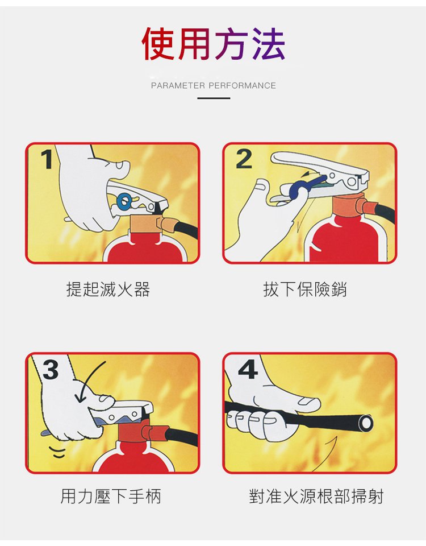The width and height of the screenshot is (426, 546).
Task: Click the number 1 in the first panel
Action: [47, 159]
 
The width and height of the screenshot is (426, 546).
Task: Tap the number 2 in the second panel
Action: [244, 159]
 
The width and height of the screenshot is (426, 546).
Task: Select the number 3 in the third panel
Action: [51, 370]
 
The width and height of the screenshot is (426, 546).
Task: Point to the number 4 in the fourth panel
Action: [248, 369]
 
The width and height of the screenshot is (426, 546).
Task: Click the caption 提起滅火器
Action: [108, 289]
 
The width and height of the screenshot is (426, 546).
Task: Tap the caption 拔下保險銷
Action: [305, 289]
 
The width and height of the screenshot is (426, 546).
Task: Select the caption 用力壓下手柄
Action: [111, 496]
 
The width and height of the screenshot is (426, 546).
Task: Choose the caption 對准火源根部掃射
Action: [316, 496]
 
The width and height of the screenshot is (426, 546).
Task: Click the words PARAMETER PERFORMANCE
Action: [213, 85]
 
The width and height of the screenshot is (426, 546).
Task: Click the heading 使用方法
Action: [214, 44]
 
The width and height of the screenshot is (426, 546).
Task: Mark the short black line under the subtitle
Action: [214, 98]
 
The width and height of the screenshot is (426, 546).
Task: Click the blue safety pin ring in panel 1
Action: [124, 201]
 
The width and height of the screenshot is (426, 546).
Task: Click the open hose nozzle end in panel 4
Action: [365, 423]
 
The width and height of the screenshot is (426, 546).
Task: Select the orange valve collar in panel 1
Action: [147, 223]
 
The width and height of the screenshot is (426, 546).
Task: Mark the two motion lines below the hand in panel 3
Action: [57, 452]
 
